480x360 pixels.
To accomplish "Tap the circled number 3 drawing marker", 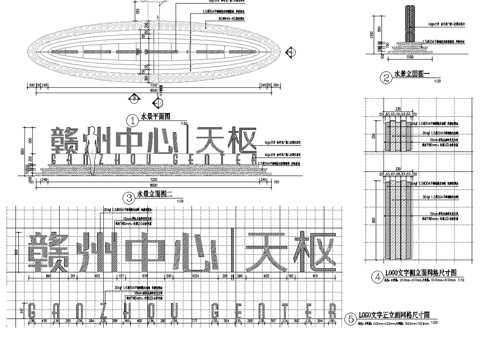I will point(128,197).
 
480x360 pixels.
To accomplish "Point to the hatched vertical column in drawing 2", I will point(407,27).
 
